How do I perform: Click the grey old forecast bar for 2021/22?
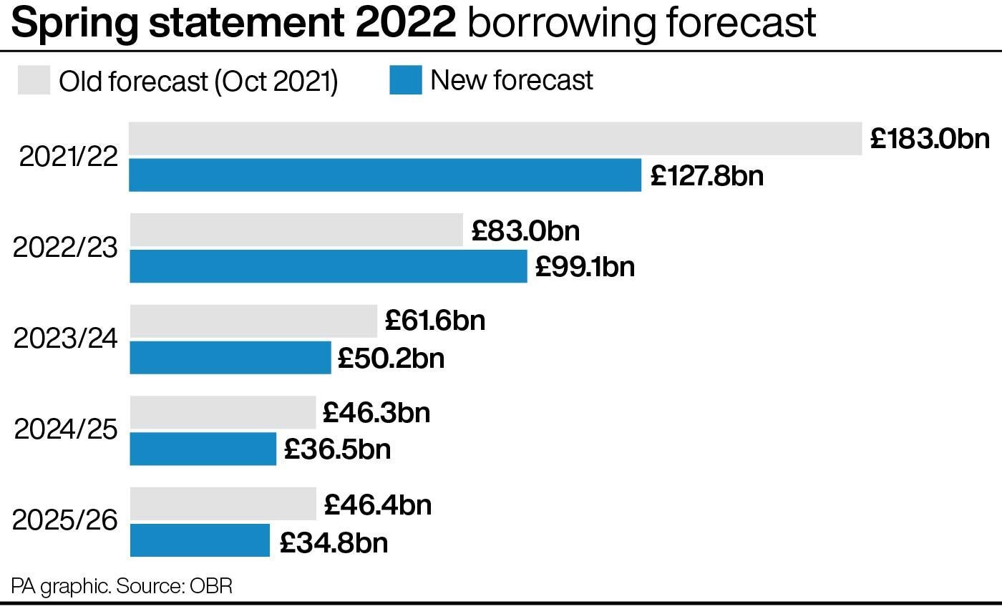tap(495, 139)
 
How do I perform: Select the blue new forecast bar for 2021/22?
tap(385, 175)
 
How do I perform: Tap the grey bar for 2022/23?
tap(296, 230)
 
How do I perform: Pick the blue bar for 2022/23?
tap(329, 266)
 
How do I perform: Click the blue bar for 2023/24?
tap(230, 357)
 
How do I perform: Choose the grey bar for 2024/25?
tap(223, 412)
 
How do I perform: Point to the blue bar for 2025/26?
tap(200, 540)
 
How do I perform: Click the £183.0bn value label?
tap(930, 139)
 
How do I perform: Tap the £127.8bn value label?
tap(706, 175)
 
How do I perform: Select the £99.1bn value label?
tap(585, 266)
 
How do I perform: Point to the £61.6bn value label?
tap(434, 320)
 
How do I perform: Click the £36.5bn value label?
tap(337, 449)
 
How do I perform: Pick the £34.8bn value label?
tap(334, 542)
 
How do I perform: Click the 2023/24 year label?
tap(65, 338)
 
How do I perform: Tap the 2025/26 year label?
tap(65, 520)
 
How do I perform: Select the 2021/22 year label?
tap(68, 157)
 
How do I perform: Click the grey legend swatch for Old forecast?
tap(34, 80)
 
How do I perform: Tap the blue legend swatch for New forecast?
tap(405, 80)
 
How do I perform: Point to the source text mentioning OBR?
tap(122, 586)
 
